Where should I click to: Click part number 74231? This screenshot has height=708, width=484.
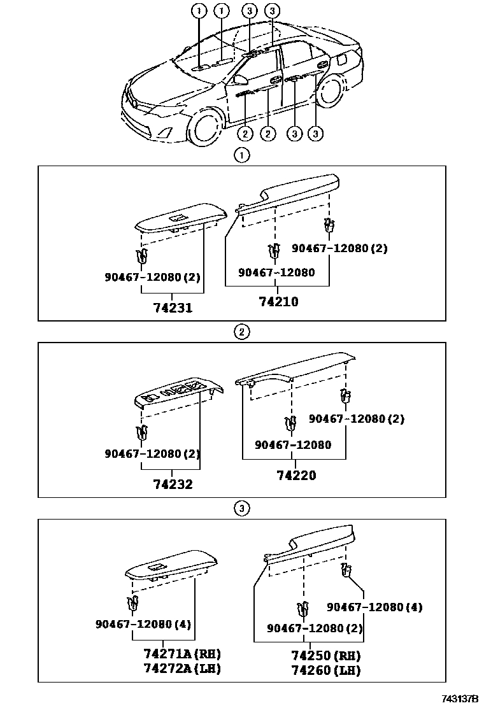(x=173, y=308)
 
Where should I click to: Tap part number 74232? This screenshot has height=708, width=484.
(x=173, y=485)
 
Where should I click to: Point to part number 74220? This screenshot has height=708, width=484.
(x=296, y=475)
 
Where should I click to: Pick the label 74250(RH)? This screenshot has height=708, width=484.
(x=325, y=656)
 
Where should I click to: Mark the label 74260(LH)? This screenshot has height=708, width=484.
(x=325, y=670)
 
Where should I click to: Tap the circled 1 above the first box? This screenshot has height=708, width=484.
(x=241, y=155)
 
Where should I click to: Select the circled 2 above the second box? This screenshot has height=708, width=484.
(x=241, y=332)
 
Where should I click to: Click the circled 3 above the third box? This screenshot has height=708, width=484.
(x=241, y=508)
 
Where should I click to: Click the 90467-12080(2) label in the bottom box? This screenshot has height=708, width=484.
(x=315, y=628)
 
